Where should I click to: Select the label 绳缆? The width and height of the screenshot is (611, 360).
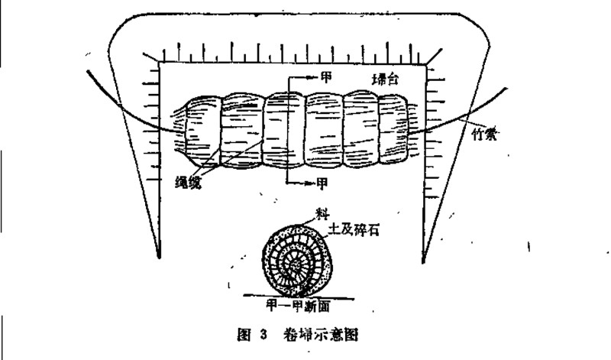point(186,181)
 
